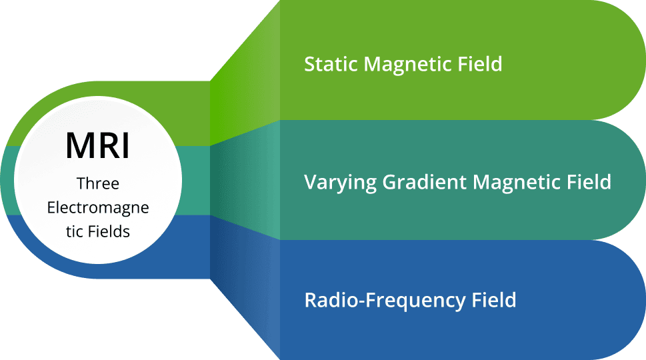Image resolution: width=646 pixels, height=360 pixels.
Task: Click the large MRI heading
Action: tap(97, 145)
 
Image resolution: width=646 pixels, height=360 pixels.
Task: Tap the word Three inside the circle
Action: tap(97, 183)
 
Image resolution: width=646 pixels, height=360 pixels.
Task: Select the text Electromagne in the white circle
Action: tap(97, 207)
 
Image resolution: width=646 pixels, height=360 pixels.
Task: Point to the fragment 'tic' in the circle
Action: tap(74, 231)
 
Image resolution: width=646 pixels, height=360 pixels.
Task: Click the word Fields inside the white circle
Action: tap(109, 231)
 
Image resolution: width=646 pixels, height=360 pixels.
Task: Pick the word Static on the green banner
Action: tap(331, 64)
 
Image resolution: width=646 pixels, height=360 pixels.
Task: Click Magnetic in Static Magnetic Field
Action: tap(408, 64)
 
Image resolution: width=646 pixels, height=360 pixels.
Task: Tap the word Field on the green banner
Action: tap(480, 64)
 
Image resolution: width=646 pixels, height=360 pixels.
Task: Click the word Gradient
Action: tap(425, 182)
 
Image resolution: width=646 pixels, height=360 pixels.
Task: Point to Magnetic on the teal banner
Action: tap(517, 182)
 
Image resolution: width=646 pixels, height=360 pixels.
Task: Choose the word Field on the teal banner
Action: tap(589, 182)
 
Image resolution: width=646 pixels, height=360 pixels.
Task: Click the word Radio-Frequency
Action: tap(385, 300)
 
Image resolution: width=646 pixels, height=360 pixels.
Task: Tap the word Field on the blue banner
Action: tap(494, 300)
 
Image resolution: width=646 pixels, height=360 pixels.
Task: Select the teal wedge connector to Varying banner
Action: tap(245, 181)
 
